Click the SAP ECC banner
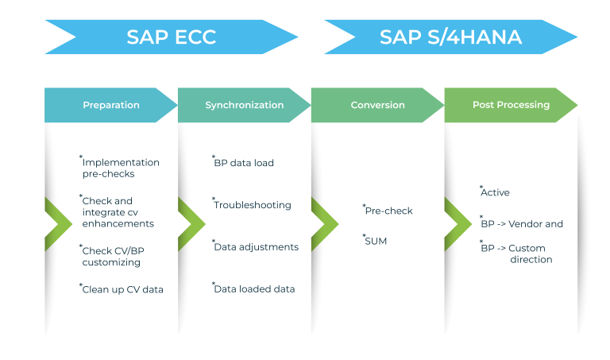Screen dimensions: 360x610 [x=172, y=37]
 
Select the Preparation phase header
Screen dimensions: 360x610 [x=111, y=105]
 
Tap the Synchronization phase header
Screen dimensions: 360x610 [x=244, y=105]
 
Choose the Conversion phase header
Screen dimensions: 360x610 [x=377, y=105]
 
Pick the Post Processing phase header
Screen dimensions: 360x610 [x=511, y=105]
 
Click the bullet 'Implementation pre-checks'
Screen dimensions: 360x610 [x=120, y=168]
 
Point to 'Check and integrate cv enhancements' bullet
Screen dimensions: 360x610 [x=118, y=212]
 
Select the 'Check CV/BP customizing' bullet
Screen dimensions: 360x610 [x=113, y=256]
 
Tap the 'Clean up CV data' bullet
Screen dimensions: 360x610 [x=122, y=290]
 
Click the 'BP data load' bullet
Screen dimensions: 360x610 [x=244, y=163]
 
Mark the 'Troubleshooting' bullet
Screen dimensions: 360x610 [x=252, y=205]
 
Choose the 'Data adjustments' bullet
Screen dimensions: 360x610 [x=256, y=247]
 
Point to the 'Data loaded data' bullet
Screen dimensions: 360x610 [x=254, y=289]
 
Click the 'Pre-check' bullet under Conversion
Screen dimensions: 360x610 [x=388, y=211]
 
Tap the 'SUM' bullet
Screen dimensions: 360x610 [x=376, y=240]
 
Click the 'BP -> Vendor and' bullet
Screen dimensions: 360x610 [x=522, y=224]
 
